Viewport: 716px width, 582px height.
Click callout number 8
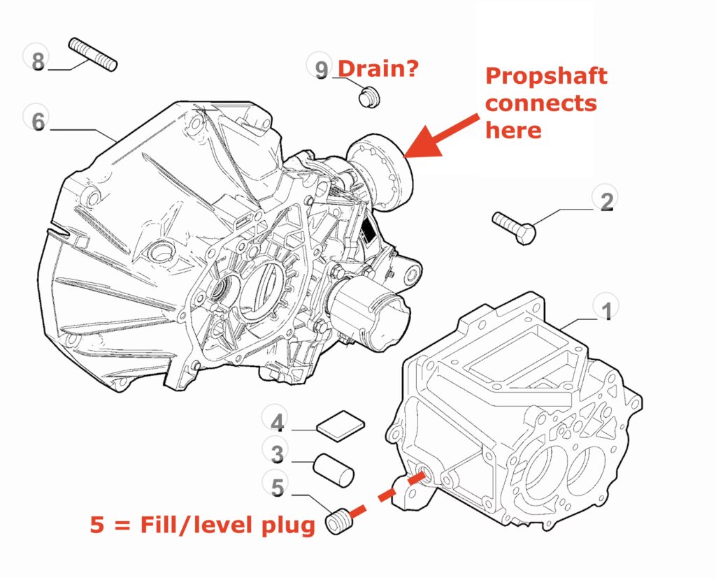tap(38, 59)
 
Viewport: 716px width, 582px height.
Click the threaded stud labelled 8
tap(93, 54)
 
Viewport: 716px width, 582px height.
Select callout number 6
tap(38, 120)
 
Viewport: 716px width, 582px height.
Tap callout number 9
tap(321, 70)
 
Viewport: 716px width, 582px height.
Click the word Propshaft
tap(546, 76)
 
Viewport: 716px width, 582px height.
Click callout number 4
tap(277, 423)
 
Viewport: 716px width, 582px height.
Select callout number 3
tap(277, 454)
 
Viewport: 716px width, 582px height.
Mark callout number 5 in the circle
tap(277, 487)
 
